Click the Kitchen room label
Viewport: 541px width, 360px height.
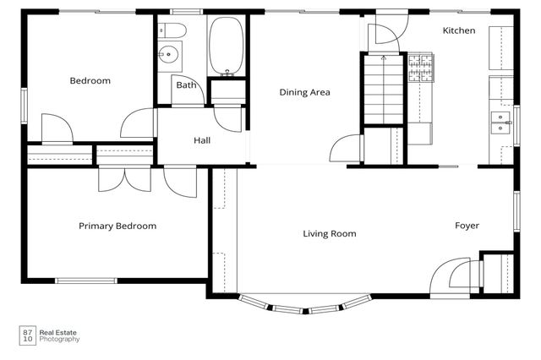point(458,30)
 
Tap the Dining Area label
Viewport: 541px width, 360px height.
point(304,92)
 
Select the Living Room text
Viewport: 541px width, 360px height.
point(330,234)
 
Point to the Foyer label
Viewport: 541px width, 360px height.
point(467,226)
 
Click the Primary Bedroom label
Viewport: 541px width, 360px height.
point(117,226)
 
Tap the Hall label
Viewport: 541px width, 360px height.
point(202,140)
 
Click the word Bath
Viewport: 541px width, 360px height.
point(186,85)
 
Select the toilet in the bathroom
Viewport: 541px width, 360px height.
point(172,30)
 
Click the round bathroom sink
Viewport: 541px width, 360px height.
point(168,54)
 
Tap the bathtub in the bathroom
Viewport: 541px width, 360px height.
point(226,46)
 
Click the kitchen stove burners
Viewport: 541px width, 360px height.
point(421,68)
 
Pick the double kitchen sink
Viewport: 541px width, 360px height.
point(500,123)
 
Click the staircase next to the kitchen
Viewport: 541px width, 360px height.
point(384,89)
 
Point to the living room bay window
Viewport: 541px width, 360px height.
point(305,303)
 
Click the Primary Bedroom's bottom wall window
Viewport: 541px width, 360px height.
point(86,281)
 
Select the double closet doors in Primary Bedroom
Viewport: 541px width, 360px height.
point(124,178)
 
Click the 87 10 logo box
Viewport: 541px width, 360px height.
point(28,335)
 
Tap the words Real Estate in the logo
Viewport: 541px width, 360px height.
point(58,333)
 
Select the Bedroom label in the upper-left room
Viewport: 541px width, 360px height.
point(90,80)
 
